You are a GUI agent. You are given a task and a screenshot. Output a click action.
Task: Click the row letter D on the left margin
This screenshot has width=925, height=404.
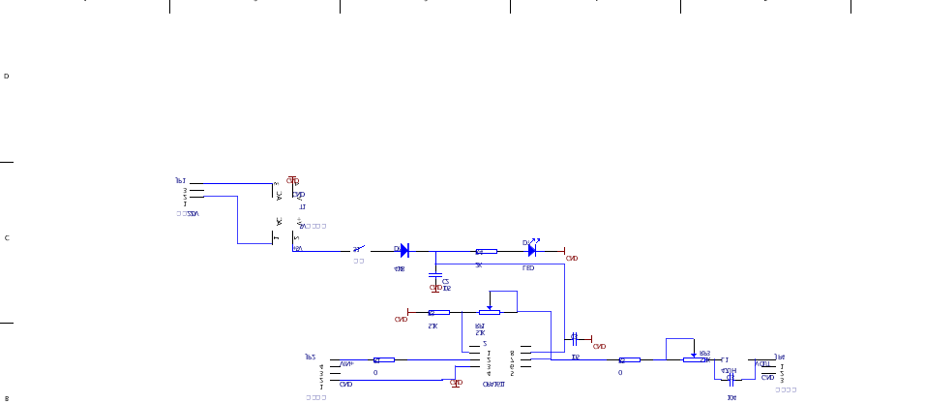point(7,76)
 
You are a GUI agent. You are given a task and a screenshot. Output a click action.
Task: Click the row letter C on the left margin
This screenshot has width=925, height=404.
point(7,237)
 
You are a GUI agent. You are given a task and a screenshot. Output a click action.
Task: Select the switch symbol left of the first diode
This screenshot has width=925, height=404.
point(358,250)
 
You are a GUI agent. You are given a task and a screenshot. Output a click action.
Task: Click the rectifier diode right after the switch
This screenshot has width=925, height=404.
point(403,251)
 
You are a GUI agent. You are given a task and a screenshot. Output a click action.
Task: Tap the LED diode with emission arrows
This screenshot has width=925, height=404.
point(531,251)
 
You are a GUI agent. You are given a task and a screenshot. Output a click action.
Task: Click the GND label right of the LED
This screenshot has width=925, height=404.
point(572,259)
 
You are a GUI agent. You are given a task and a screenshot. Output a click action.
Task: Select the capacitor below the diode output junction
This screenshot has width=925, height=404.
point(436,277)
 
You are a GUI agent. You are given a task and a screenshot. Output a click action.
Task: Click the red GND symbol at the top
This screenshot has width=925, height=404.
point(292,180)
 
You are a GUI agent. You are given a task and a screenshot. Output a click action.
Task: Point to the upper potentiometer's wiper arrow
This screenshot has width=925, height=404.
point(492,309)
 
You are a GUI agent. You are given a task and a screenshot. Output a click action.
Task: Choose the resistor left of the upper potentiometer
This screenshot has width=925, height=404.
point(439,313)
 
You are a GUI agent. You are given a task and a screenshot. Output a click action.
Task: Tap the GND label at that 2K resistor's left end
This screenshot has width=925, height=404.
point(401,319)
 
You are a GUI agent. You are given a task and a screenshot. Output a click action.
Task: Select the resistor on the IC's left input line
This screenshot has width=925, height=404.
point(383,360)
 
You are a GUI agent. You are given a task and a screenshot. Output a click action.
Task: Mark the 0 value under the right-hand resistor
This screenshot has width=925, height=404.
point(620,372)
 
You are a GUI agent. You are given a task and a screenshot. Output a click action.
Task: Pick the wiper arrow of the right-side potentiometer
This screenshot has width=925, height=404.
point(693,356)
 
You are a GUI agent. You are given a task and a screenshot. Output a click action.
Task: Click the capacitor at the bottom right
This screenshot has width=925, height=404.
point(731,378)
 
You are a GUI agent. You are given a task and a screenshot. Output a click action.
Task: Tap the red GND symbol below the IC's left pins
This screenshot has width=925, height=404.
point(456,383)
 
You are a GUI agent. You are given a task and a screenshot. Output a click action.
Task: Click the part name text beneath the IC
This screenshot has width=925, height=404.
point(492,385)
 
